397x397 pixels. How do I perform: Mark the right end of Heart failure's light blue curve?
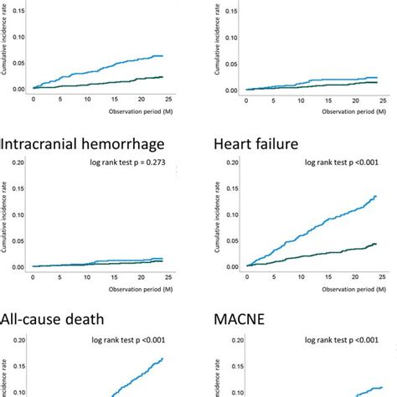click(x=376, y=196)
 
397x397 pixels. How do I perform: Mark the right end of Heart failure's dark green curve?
click(x=376, y=245)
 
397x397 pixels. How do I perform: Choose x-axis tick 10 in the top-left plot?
click(x=88, y=98)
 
